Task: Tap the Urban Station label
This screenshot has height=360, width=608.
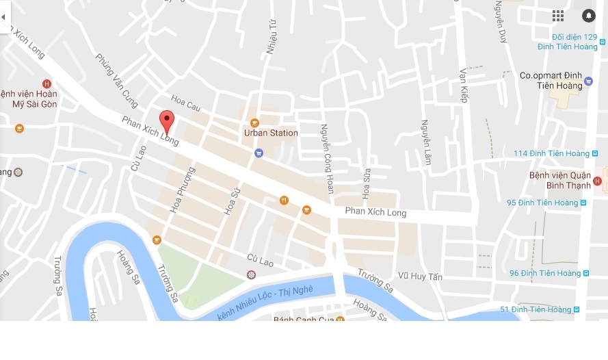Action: (272, 133)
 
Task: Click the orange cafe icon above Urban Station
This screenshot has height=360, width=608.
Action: (254, 123)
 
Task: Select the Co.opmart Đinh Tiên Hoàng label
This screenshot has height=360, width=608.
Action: (551, 81)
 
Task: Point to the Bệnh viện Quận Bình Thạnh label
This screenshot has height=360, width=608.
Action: (560, 180)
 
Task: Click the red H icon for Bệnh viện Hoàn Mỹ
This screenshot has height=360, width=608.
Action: (47, 83)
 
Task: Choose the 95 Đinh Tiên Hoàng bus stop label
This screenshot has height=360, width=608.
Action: (542, 203)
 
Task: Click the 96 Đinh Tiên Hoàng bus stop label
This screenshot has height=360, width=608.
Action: (544, 273)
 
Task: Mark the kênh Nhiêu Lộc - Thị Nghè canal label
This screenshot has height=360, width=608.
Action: (265, 303)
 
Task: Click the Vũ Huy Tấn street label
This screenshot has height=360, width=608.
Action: (421, 277)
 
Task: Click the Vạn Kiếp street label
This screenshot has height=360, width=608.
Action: (463, 85)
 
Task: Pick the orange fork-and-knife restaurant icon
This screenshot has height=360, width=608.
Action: (284, 201)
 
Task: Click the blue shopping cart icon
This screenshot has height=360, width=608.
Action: (259, 153)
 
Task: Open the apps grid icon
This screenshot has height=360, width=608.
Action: (558, 16)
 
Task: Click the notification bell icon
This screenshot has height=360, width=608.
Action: (588, 16)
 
